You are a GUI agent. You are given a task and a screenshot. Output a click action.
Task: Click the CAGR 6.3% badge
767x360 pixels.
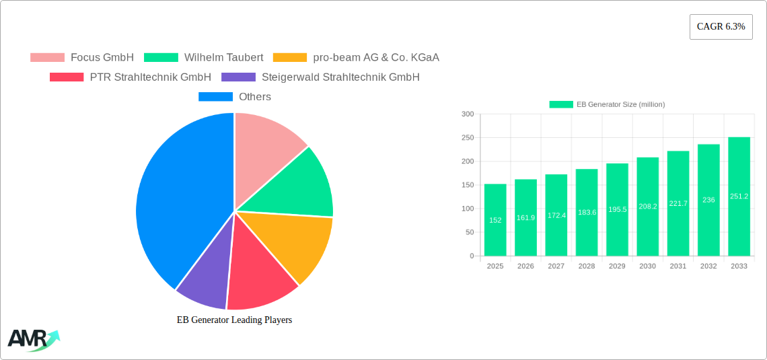[x=721, y=27]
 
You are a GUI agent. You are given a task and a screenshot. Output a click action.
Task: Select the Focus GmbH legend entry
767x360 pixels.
[x=82, y=57]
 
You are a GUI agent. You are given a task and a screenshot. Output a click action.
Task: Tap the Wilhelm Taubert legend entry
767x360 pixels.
[x=203, y=57]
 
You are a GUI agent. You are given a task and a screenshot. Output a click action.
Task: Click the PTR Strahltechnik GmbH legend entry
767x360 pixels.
[x=131, y=77]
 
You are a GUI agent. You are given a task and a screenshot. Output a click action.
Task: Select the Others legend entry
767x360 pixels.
[x=235, y=96]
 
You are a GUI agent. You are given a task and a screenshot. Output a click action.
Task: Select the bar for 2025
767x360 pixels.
[x=495, y=220]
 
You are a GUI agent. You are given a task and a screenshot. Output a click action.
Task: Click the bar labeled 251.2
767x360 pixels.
[x=739, y=196]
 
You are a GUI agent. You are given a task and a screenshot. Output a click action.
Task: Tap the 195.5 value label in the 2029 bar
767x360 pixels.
[x=617, y=209]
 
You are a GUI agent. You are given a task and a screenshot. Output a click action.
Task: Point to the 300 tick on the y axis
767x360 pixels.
[x=467, y=114]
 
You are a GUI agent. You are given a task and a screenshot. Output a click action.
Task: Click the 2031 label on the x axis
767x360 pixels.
[x=678, y=266]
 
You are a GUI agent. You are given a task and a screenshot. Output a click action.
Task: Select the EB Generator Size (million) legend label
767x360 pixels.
[x=620, y=104]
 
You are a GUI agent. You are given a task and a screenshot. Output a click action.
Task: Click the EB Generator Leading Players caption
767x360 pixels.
[x=234, y=320]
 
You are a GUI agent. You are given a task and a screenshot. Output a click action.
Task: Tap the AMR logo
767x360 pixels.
[x=32, y=340]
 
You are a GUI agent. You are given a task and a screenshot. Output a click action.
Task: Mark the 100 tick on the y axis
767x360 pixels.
[x=467, y=209]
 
